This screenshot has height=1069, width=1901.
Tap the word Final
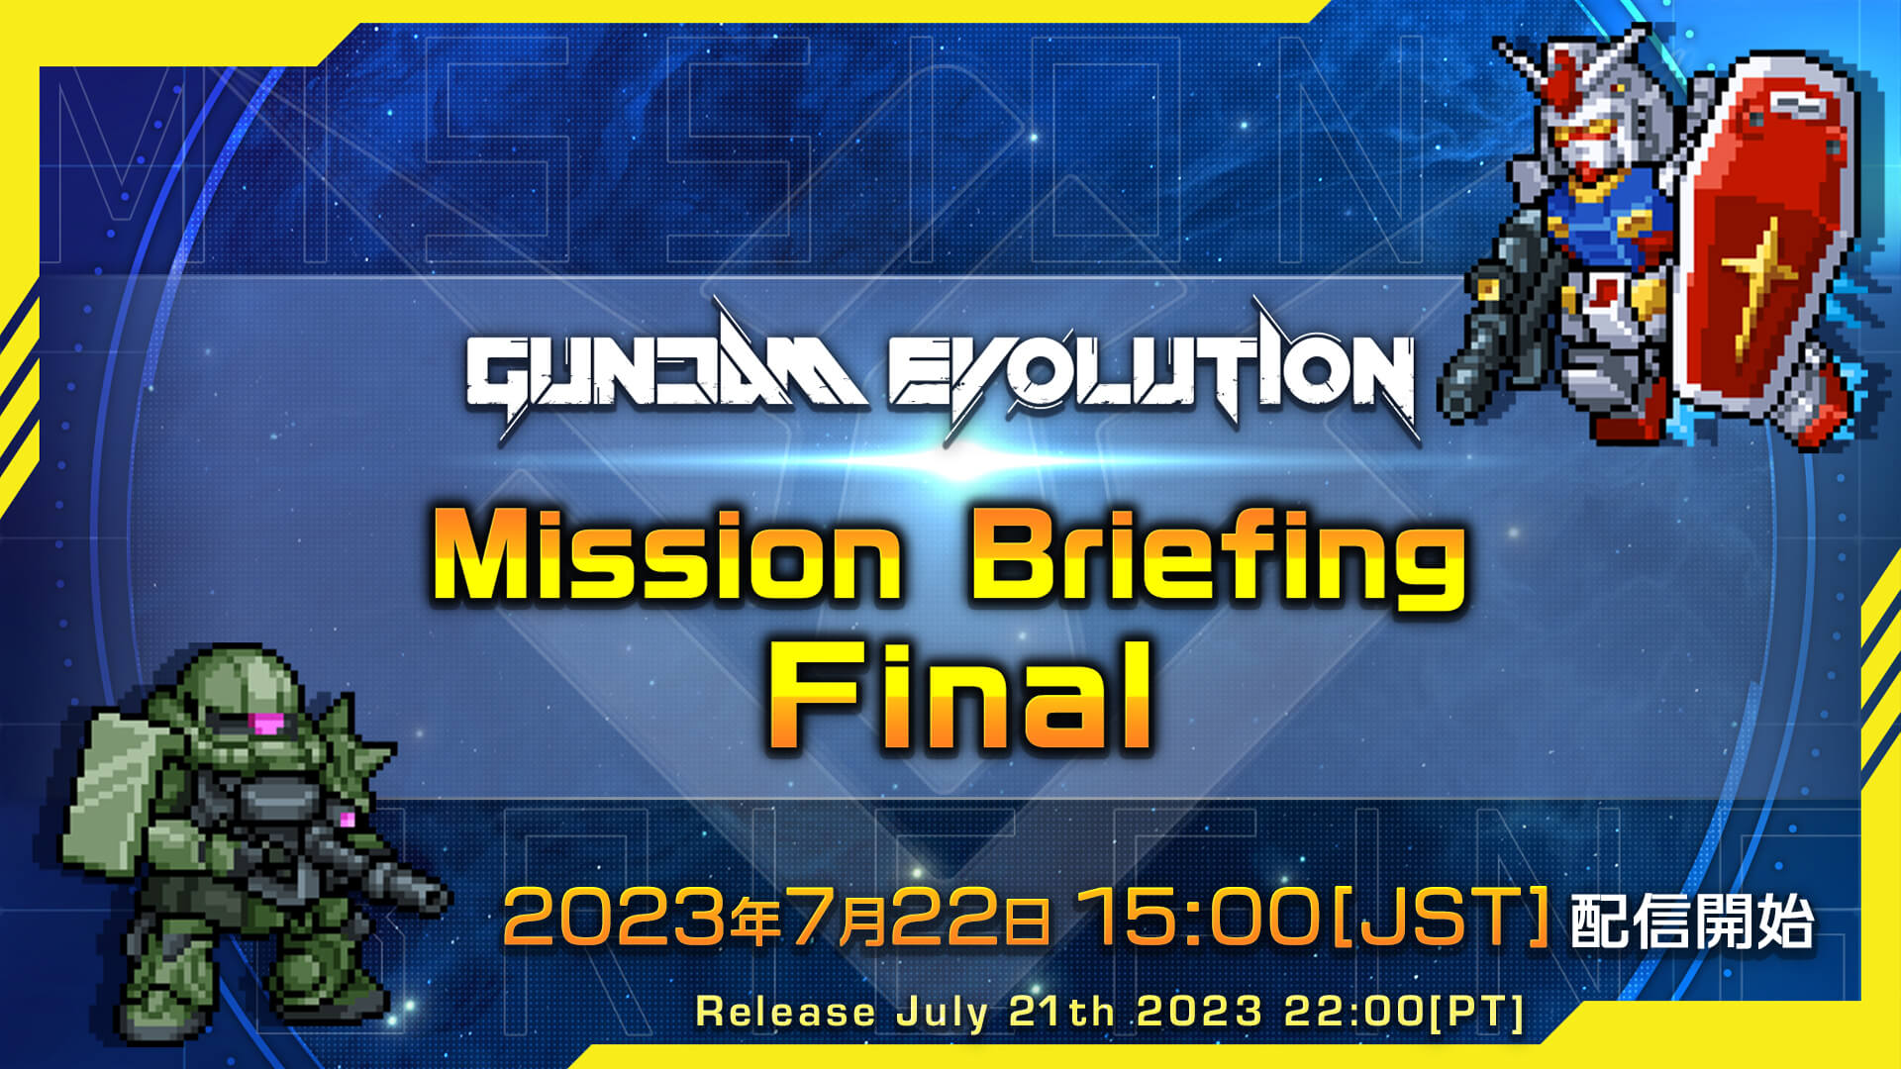click(x=960, y=695)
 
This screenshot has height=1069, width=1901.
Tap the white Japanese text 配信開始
click(x=1691, y=922)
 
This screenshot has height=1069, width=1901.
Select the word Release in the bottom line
click(x=785, y=1012)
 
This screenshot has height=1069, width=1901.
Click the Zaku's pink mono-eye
click(x=265, y=724)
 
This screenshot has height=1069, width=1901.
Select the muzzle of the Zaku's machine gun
click(x=432, y=897)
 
